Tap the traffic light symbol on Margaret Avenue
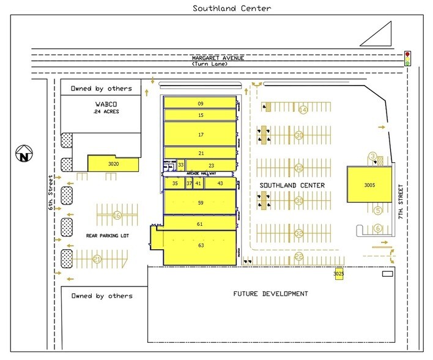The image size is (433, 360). point(407,59)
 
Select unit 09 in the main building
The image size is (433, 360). point(200,103)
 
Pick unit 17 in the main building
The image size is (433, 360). point(200,133)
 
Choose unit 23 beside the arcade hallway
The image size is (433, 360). point(211,165)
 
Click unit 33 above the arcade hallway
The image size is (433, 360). point(181,165)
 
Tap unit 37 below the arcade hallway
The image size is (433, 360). point(189,183)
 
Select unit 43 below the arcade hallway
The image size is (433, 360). point(220,183)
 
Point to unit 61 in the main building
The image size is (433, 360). point(200,224)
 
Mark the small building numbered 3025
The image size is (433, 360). point(339,274)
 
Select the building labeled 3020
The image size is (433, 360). point(113,163)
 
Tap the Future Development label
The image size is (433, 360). point(270,294)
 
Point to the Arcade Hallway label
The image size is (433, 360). point(199,174)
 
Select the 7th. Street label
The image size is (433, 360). point(401,202)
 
